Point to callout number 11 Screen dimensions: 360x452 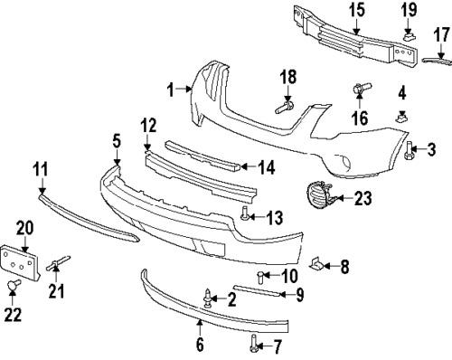(x=40, y=168)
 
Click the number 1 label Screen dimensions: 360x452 (x=170, y=89)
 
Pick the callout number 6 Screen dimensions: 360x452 (x=201, y=344)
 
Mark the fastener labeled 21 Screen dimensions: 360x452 (x=55, y=263)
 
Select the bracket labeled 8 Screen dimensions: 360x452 (x=317, y=263)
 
